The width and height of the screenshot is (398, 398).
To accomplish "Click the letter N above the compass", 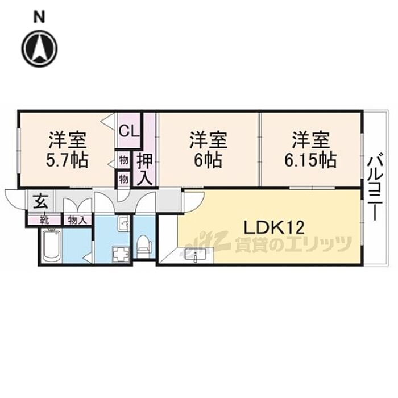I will click(x=39, y=17).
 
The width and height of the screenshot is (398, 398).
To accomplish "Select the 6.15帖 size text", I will click(x=310, y=159).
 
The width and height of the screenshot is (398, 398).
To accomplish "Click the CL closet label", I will click(x=129, y=130).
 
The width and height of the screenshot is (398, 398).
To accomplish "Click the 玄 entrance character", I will click(x=39, y=201).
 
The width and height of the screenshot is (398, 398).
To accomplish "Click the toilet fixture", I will click(x=146, y=243).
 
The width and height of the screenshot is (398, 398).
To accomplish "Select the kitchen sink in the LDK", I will click(x=196, y=256).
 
